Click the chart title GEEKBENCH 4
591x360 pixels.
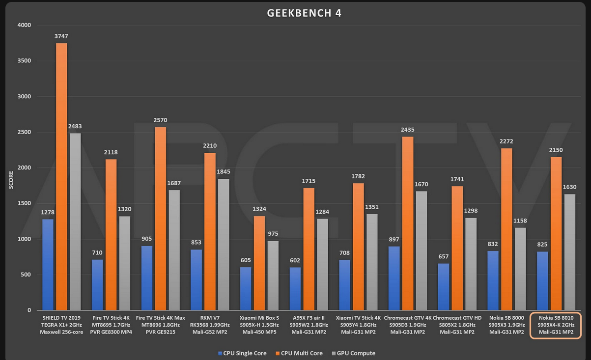tap(304, 13)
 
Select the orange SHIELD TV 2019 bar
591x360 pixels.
tap(61, 177)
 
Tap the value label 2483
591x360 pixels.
tap(75, 127)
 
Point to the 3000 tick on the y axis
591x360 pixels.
tap(24, 97)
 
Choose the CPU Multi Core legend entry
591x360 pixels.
tap(300, 353)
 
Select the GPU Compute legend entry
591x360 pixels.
tap(354, 353)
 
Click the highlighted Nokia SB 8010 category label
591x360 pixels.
tap(556, 325)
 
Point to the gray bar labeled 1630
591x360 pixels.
tap(569, 252)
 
